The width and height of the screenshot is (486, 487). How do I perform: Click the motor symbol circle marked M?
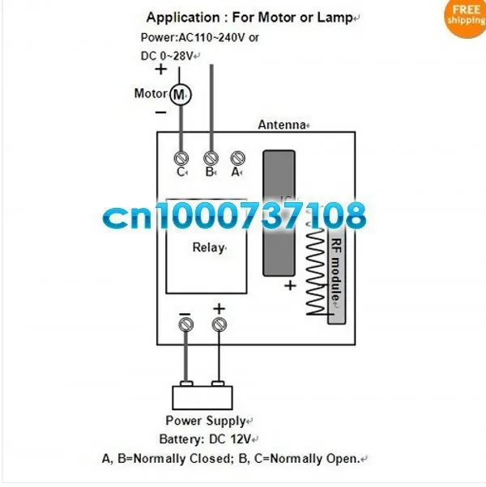click(181, 95)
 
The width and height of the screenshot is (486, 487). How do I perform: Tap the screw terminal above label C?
click(181, 159)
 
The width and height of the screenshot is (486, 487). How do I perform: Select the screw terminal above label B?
click(211, 159)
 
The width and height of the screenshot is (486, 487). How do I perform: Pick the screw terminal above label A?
click(238, 159)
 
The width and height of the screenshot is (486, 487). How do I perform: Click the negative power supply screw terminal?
click(186, 325)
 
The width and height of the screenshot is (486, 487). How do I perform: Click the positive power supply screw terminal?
click(220, 325)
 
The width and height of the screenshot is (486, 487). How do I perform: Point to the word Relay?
click(208, 248)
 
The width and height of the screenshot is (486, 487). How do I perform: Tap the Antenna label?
click(282, 125)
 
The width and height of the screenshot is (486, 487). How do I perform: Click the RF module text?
click(336, 269)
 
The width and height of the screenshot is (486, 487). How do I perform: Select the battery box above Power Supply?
click(202, 396)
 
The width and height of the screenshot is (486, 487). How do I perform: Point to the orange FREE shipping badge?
click(466, 18)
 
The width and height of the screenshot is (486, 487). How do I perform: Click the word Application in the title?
click(183, 18)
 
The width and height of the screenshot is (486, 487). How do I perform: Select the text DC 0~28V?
click(167, 56)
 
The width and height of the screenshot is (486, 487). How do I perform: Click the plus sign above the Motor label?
click(160, 69)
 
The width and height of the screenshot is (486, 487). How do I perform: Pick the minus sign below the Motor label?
click(160, 112)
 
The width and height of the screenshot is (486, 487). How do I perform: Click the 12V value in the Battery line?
click(241, 439)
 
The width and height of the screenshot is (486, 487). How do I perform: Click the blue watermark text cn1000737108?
click(234, 215)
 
